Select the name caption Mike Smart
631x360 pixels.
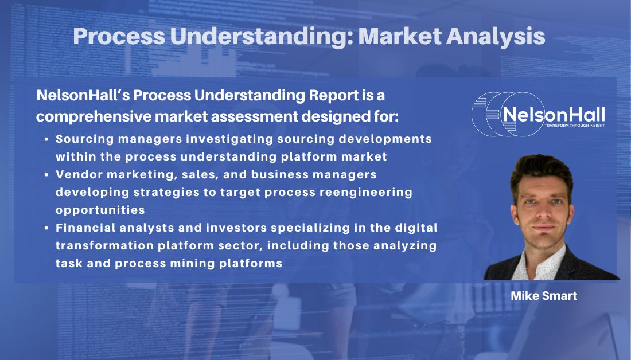click(x=544, y=296)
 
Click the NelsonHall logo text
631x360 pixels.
click(x=553, y=114)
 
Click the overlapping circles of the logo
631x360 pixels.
click(x=493, y=114)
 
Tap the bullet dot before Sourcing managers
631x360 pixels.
click(x=46, y=139)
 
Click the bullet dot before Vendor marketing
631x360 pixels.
click(x=46, y=174)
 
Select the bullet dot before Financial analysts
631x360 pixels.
click(x=46, y=228)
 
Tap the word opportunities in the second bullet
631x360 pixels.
click(x=100, y=210)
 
